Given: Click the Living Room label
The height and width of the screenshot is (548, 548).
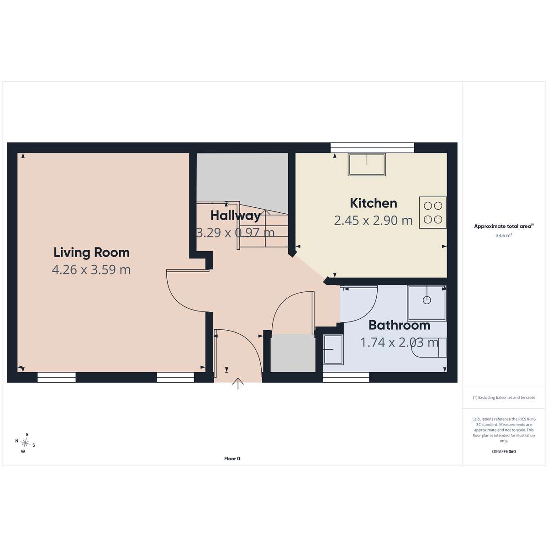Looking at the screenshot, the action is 92,253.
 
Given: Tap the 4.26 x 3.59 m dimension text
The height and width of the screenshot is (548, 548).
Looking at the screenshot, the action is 91,269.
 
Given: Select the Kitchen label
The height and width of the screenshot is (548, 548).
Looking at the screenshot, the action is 374,203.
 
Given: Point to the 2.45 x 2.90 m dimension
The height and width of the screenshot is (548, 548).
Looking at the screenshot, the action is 373,221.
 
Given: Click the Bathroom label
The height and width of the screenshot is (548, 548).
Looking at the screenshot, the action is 399,325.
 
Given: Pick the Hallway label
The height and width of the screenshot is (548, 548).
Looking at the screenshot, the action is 236,215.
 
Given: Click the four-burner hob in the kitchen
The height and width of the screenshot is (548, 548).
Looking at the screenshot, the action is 432,212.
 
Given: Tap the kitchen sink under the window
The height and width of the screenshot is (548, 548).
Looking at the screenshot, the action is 367,165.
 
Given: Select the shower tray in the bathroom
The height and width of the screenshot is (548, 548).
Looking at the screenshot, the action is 427,303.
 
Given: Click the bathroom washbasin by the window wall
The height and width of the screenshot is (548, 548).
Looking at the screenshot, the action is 333,349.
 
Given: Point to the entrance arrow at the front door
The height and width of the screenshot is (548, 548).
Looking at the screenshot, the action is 238,383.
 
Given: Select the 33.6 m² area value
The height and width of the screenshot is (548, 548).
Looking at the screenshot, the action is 504,236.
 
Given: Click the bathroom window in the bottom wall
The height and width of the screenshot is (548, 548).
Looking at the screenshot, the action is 346,377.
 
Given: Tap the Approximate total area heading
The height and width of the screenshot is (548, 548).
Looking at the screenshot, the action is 504,226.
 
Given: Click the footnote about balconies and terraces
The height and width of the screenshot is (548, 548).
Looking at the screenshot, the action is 504,398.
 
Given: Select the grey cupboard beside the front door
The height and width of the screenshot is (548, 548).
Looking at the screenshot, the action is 293,353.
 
